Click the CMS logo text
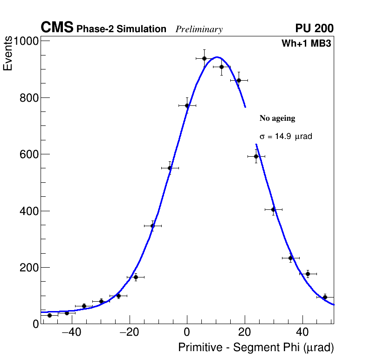coord(57,28)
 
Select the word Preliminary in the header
coord(199,29)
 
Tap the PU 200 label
coord(314,28)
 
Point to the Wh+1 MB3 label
coord(306,43)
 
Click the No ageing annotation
coord(277,118)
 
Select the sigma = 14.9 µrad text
coord(286,137)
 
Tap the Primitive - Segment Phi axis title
coord(256,348)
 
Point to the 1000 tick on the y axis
coord(26,41)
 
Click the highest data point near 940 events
coord(204,58)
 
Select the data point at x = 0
coord(187,105)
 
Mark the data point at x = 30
coord(274,210)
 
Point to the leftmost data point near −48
coord(49,315)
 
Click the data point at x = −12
coord(152,226)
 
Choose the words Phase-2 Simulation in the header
coord(121,29)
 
